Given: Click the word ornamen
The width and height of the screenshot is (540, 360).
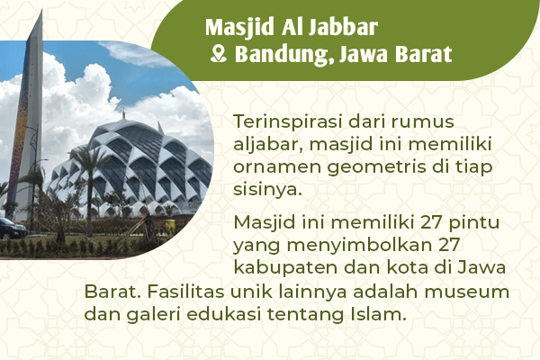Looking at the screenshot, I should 271,166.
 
